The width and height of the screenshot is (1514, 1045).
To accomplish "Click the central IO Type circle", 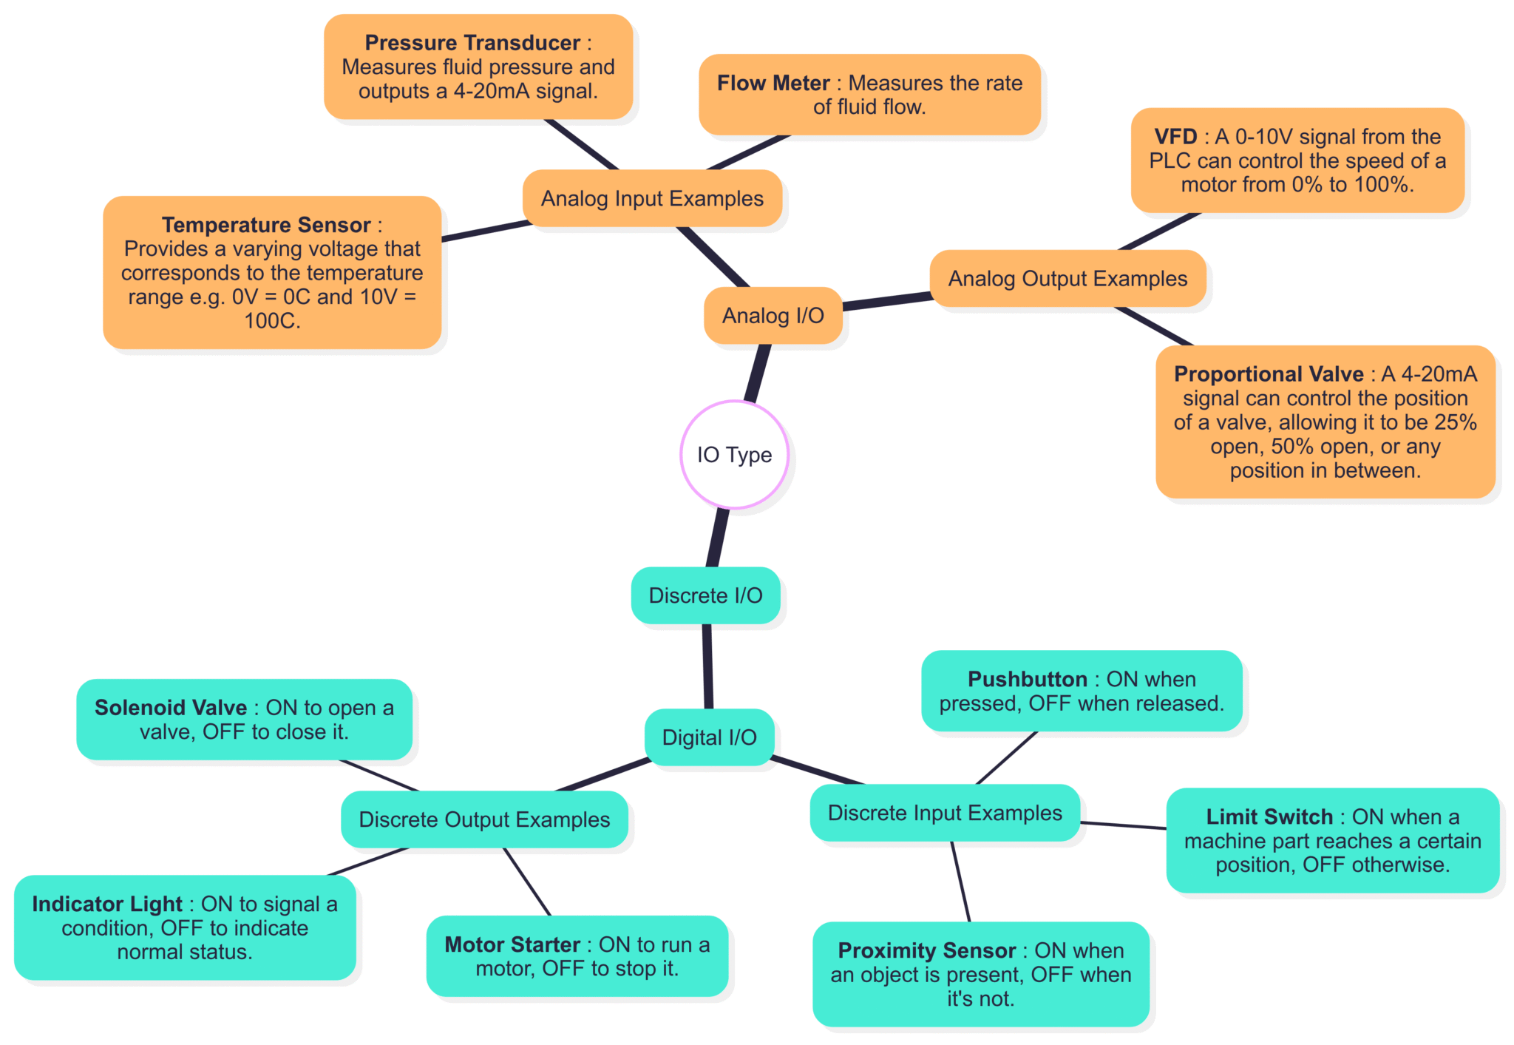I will pos(734,454).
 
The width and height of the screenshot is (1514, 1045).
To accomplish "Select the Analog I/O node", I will pos(773,316).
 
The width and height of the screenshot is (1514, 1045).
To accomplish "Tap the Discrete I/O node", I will pos(705,595).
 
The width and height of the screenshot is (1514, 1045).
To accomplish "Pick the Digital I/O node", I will pos(709,737).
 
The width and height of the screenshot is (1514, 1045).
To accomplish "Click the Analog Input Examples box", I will pos(652,198).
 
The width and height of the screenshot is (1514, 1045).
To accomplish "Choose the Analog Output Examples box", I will pos(1067,279).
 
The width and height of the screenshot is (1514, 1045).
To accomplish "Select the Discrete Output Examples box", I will pos(484,819).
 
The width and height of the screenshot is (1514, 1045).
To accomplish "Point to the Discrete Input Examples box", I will pos(945,813).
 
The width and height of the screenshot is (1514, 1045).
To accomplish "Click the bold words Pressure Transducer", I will pos(472,43).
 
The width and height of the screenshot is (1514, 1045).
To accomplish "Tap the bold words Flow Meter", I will pos(773,83).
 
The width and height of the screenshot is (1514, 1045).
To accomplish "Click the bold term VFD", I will pos(1175,137).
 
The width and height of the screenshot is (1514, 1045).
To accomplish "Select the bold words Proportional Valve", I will pos(1269,374).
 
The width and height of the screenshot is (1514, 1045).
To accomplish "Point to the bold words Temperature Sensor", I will pos(266,225).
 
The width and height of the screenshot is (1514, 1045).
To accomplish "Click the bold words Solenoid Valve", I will pos(171,708).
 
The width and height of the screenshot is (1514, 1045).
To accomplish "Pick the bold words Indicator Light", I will pos(107,904).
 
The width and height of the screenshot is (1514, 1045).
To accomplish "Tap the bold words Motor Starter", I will pos(512,944).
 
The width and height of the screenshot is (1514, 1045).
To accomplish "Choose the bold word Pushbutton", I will pos(1028,679).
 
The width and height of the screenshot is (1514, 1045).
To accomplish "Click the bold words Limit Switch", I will pos(1269,816).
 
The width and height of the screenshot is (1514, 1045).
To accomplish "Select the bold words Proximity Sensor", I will pos(927,950).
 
